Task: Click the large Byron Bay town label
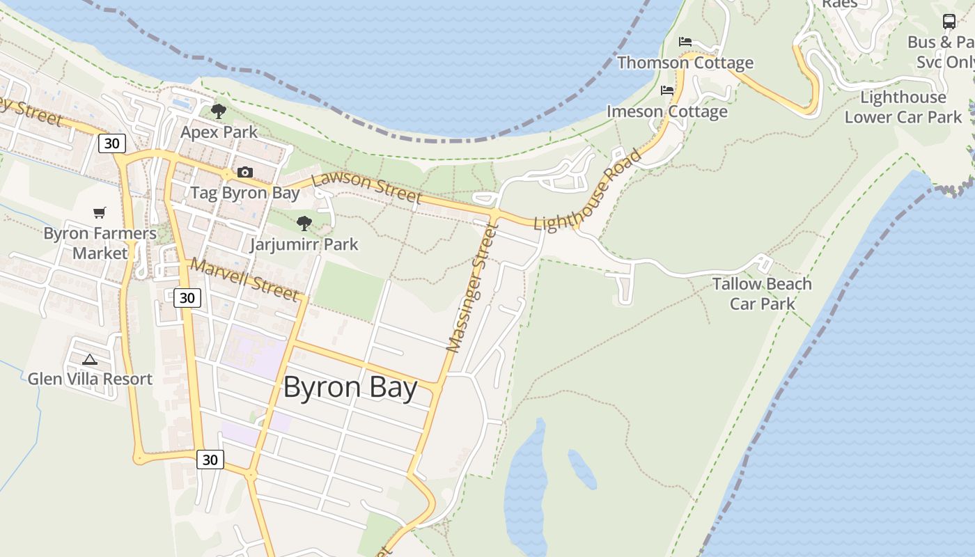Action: (350, 388)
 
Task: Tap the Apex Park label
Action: (219, 132)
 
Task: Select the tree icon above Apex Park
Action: (219, 111)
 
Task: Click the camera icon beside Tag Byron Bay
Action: (244, 172)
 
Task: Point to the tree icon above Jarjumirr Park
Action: (304, 223)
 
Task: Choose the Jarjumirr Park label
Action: (304, 244)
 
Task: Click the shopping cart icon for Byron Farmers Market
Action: (100, 212)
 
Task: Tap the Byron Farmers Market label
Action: (100, 243)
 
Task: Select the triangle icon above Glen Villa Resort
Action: (89, 360)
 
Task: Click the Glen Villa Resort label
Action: (90, 379)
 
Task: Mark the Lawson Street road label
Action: (366, 188)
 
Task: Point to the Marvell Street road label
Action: (244, 278)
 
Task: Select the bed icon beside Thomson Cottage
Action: (685, 42)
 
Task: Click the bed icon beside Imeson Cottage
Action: (667, 91)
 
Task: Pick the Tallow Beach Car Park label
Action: (762, 294)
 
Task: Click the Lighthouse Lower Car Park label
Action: (903, 107)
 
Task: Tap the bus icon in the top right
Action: (949, 22)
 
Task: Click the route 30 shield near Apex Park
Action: (112, 143)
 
